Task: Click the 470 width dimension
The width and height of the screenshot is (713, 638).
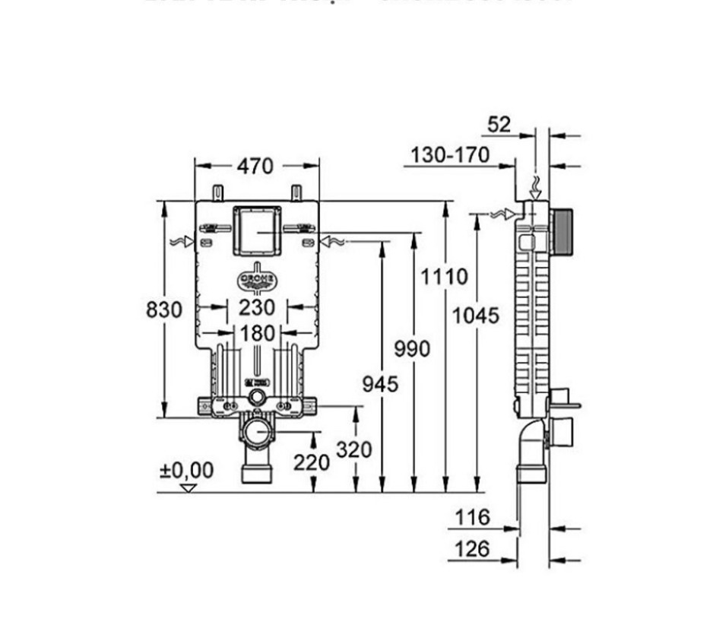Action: click(255, 165)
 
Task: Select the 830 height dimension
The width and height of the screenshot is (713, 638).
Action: click(164, 310)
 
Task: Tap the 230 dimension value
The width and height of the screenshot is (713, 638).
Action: click(258, 308)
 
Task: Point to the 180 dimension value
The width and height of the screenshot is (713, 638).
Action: click(258, 334)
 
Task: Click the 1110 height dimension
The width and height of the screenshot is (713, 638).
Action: click(445, 276)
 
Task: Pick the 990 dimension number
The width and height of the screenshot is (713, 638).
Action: click(412, 349)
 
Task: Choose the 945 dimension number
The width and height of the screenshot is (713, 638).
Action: click(379, 384)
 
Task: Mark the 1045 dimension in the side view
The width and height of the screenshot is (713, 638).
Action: click(477, 315)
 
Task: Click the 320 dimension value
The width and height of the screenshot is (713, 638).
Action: click(354, 449)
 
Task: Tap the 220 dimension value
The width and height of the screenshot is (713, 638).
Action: click(312, 462)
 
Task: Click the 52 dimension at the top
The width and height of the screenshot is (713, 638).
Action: click(499, 124)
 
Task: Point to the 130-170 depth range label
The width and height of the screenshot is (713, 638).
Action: click(450, 155)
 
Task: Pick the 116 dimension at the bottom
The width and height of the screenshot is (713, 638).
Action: click(472, 518)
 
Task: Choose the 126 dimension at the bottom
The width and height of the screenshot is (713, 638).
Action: click(472, 548)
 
